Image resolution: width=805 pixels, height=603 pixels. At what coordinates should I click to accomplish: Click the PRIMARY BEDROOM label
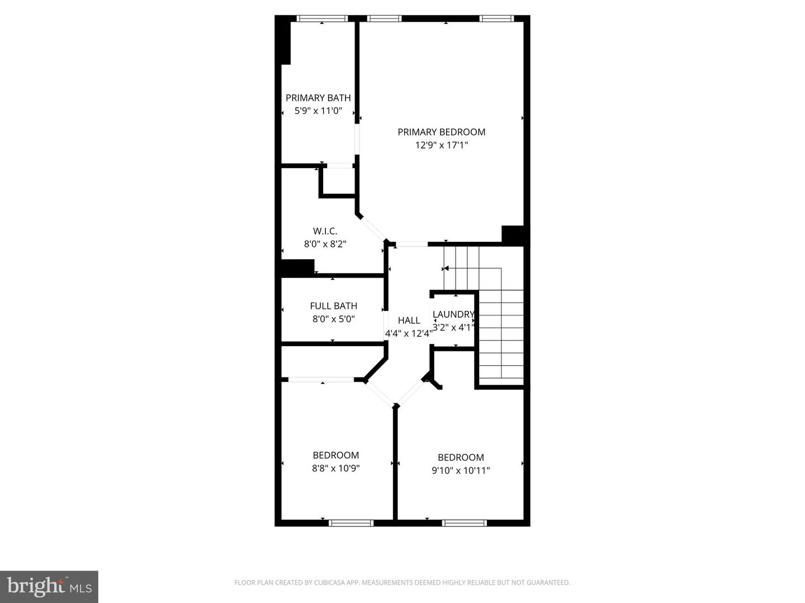(x=441, y=132)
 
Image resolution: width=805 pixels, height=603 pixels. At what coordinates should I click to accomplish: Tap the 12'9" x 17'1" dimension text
(x=441, y=146)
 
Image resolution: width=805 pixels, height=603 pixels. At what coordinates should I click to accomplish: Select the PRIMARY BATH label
(x=318, y=98)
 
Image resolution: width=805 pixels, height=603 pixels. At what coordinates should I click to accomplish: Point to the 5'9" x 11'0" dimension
(x=318, y=111)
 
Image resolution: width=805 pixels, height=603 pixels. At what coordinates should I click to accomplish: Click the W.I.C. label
(x=325, y=231)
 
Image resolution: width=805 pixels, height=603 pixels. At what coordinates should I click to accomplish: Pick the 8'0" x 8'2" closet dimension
(x=325, y=244)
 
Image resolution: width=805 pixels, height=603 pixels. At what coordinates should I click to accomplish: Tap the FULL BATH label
(x=333, y=306)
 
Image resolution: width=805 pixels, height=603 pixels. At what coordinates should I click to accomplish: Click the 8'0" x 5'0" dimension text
(x=333, y=319)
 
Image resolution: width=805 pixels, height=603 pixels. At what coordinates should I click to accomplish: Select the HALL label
(x=409, y=320)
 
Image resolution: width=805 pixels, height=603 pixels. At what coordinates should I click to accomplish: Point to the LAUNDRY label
(x=453, y=314)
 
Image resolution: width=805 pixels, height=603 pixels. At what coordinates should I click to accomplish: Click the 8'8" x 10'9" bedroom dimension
(x=335, y=468)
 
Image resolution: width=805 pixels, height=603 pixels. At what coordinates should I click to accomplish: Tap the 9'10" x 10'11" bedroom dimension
(x=461, y=471)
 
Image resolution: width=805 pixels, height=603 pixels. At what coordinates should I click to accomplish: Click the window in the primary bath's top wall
(x=322, y=18)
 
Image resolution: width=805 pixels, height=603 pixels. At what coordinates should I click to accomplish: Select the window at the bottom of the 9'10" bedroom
(x=464, y=523)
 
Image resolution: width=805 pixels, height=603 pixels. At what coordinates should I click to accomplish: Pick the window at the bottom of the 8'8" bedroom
(x=351, y=523)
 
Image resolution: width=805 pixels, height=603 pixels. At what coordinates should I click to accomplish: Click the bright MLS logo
(x=49, y=586)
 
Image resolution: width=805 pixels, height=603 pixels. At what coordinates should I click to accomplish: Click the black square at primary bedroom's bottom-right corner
(x=513, y=234)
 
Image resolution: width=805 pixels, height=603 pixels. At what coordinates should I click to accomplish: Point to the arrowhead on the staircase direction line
(x=446, y=269)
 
